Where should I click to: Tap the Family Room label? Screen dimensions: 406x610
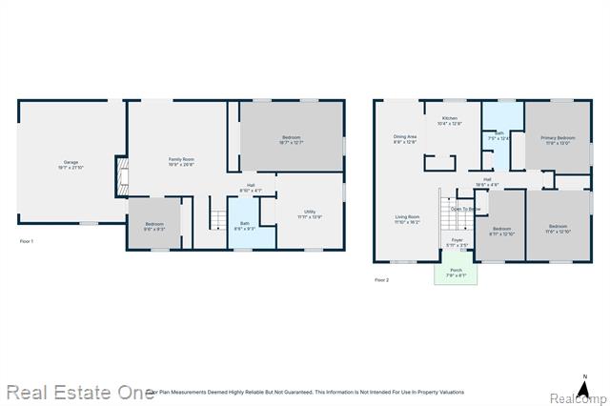tap(181, 161)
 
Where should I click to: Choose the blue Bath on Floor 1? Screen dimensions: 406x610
tap(245, 226)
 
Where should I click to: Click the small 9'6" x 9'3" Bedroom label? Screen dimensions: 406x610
tap(154, 227)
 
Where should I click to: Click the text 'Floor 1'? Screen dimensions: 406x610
tap(27, 242)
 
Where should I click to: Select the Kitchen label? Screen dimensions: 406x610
tap(449, 120)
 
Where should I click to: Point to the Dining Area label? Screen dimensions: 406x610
tap(405, 139)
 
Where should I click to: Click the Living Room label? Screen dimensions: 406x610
tap(407, 219)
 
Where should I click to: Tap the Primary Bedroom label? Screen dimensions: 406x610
tap(558, 140)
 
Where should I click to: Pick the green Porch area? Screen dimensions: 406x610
tap(457, 273)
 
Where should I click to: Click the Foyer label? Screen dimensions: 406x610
tap(457, 242)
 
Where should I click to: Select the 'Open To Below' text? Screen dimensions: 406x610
tap(466, 208)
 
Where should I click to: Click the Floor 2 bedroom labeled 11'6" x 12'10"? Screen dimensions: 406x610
tap(558, 230)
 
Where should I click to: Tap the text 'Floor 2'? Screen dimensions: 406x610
tap(382, 280)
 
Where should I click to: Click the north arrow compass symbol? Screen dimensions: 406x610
tap(583, 375)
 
